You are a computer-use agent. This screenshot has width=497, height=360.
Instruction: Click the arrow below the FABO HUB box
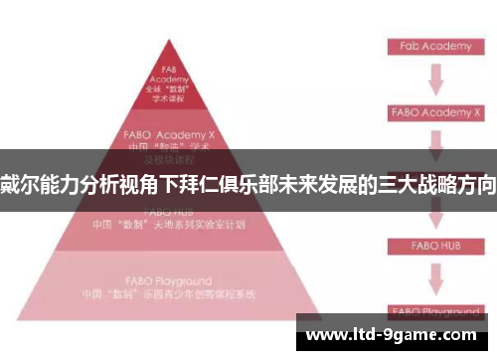click(435, 277)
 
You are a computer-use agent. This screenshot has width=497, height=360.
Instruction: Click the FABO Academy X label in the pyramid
click(169, 131)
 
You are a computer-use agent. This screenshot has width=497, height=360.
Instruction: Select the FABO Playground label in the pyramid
click(169, 282)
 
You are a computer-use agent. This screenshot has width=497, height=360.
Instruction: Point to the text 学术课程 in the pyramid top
click(169, 98)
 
